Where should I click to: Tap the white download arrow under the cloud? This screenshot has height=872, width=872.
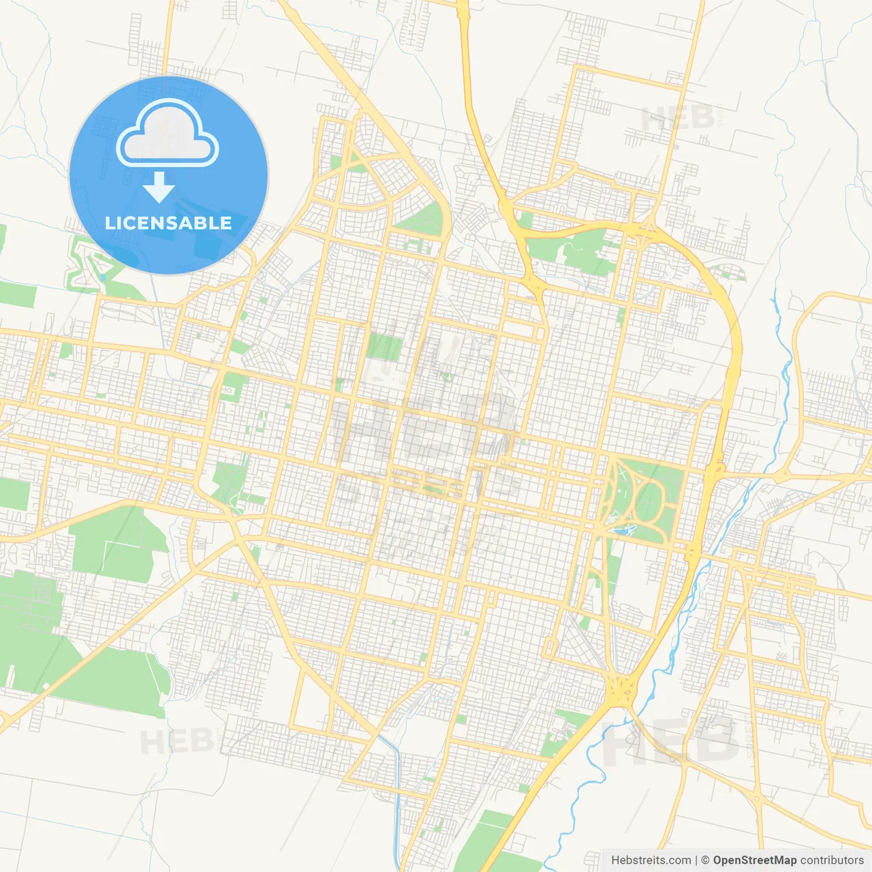click(159, 187)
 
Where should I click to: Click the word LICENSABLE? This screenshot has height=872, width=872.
click(168, 223)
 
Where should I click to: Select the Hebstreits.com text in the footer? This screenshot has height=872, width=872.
click(651, 860)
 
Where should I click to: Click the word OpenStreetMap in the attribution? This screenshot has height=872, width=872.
click(754, 860)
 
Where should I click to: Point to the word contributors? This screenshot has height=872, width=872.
click(832, 860)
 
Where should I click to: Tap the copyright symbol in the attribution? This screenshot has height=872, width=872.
click(705, 860)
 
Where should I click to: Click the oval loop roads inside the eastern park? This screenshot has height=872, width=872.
click(644, 501)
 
